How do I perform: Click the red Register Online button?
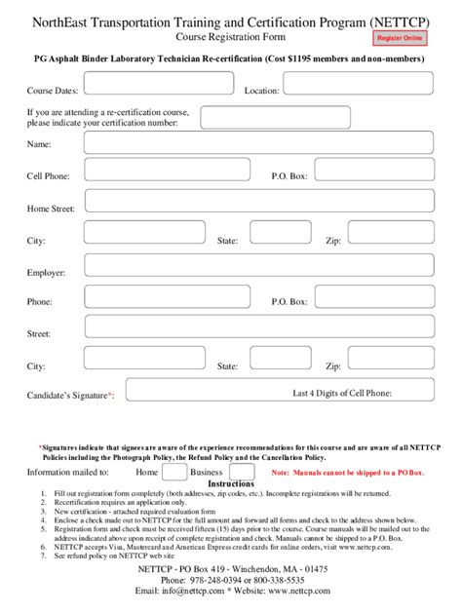click(401, 37)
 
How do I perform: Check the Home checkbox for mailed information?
click(174, 473)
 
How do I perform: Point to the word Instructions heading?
click(231, 484)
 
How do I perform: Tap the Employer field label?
click(46, 273)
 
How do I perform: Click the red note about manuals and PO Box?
click(348, 473)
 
